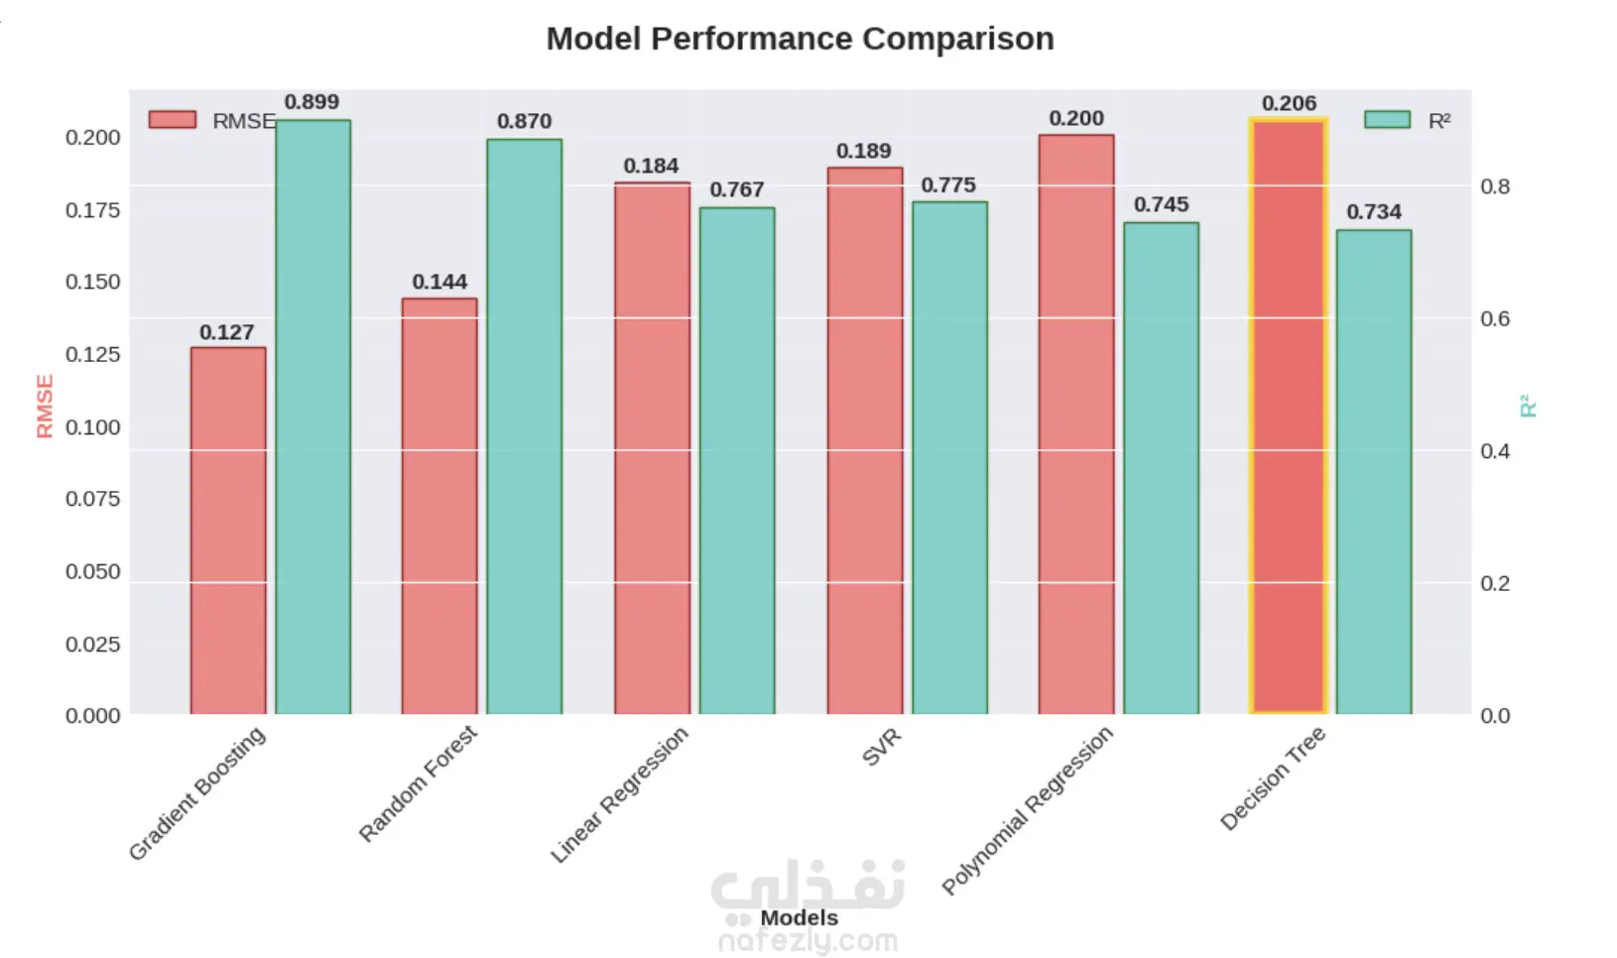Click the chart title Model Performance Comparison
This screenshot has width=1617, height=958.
tap(800, 39)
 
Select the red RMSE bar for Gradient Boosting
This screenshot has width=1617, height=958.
tap(228, 531)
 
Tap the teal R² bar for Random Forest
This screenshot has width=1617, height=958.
tap(524, 426)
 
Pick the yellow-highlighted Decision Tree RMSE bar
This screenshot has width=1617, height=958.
tap(1288, 417)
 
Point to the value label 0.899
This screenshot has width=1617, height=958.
tap(311, 102)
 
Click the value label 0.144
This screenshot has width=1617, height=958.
tap(439, 282)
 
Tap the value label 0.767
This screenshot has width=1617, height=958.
tap(736, 189)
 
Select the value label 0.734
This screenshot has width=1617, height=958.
tap(1373, 212)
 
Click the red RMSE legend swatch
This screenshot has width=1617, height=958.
tap(173, 120)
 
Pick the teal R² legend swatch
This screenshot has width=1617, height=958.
tap(1387, 120)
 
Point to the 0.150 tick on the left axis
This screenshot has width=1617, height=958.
tap(93, 282)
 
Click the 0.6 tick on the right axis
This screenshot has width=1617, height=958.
tap(1495, 318)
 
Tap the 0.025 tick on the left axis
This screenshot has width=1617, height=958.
tap(93, 645)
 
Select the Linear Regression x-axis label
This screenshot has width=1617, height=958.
tap(619, 794)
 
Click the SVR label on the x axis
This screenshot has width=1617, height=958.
tap(881, 747)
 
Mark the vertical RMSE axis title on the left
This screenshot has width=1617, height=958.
tap(45, 406)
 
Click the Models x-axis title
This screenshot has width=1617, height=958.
tap(799, 918)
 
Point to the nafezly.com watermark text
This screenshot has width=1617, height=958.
tap(808, 940)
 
